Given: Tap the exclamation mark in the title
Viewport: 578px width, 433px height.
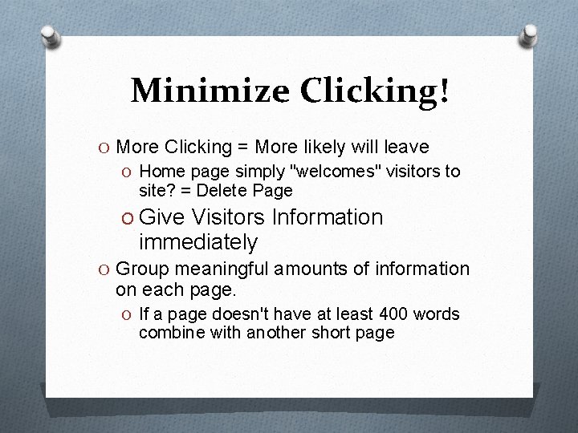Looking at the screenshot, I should coord(443,90).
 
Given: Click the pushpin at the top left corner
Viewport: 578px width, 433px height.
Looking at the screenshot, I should coord(50,36).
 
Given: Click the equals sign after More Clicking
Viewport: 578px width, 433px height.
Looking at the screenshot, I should coord(242,147).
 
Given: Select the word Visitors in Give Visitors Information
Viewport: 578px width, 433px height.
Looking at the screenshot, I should coord(229,217).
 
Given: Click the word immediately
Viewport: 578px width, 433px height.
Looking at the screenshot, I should coord(197,241).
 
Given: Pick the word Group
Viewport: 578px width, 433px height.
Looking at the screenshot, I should coord(142,269).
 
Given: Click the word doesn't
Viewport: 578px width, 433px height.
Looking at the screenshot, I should coord(242,314).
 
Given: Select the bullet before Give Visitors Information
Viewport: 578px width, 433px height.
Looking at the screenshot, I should coord(128,217).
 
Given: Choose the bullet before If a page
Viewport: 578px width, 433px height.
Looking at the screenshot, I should coord(128,314).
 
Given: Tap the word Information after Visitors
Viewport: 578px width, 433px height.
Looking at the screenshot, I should coord(328,217).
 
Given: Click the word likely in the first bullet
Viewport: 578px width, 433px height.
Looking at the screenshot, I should coord(325,147).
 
